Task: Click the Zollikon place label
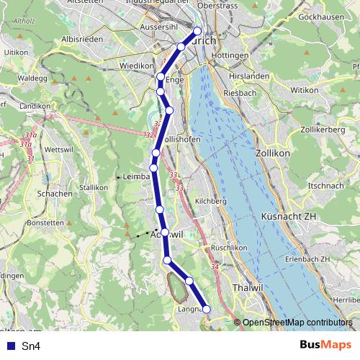pyautogui.click(x=272, y=154)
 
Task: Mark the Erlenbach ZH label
pyautogui.click(x=305, y=258)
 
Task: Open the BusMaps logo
pyautogui.click(x=326, y=346)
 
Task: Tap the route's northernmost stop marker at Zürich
pyautogui.click(x=197, y=31)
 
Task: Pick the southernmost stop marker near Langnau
pyautogui.click(x=207, y=310)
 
